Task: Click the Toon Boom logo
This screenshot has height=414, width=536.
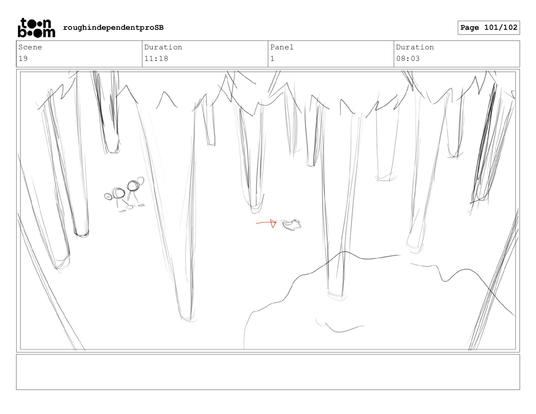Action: [37, 28]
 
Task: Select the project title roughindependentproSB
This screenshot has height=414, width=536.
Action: [113, 27]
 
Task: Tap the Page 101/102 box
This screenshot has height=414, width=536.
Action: [489, 28]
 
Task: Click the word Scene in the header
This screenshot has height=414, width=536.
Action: [30, 47]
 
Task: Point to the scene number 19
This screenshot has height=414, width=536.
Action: [23, 59]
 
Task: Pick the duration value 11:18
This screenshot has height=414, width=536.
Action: [156, 59]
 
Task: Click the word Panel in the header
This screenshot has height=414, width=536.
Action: [282, 47]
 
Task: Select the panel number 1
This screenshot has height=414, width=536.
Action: [272, 59]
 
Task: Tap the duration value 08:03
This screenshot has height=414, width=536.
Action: [408, 59]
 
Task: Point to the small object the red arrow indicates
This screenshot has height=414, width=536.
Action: [291, 225]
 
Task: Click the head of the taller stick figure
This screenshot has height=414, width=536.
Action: [133, 186]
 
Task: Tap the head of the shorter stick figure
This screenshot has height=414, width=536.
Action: [118, 193]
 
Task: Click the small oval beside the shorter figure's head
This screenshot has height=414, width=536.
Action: [108, 197]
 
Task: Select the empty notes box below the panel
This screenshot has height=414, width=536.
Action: [268, 372]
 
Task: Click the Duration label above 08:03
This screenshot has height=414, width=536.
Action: [415, 47]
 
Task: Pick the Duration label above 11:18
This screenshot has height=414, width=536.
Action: [163, 47]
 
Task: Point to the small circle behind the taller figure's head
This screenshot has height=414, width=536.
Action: [140, 181]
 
